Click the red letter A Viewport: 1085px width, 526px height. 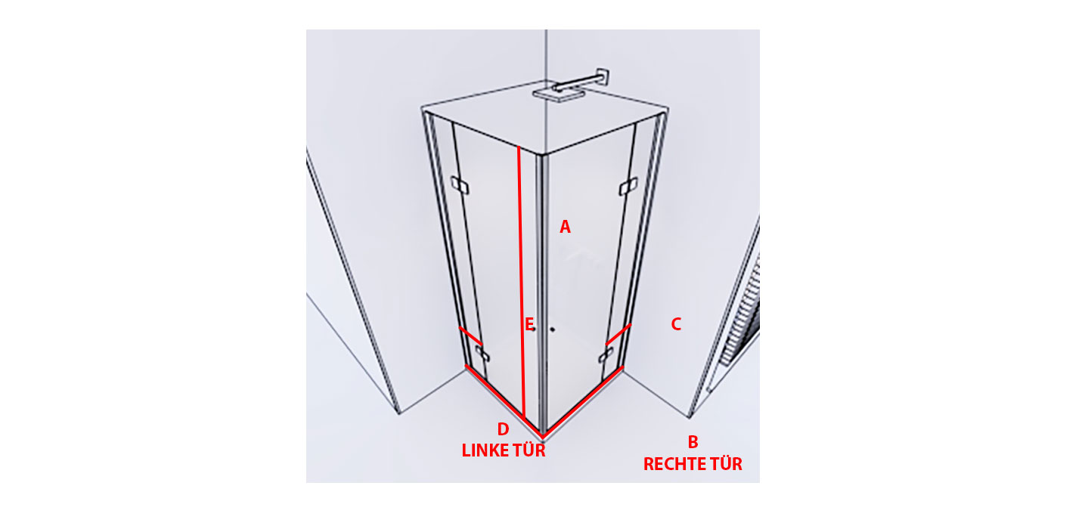coord(565,227)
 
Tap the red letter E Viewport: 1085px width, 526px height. coord(529,324)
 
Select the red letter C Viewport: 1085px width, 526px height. coord(676,324)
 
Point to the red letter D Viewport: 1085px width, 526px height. coord(504,429)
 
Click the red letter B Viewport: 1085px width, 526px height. coord(693,442)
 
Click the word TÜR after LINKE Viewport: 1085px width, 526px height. coord(530,450)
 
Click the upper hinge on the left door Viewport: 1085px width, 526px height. coord(460,185)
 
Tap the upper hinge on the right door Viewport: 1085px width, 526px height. coord(628,187)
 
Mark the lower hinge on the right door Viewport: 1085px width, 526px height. coord(606,355)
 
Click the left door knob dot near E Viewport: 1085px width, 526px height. coord(534,330)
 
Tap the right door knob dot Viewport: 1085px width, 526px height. coord(552,330)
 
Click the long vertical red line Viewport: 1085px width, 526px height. coord(521,281)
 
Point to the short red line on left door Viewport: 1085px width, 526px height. coord(470,335)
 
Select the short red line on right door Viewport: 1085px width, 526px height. coord(618,334)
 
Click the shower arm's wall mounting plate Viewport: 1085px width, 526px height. coord(603,77)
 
